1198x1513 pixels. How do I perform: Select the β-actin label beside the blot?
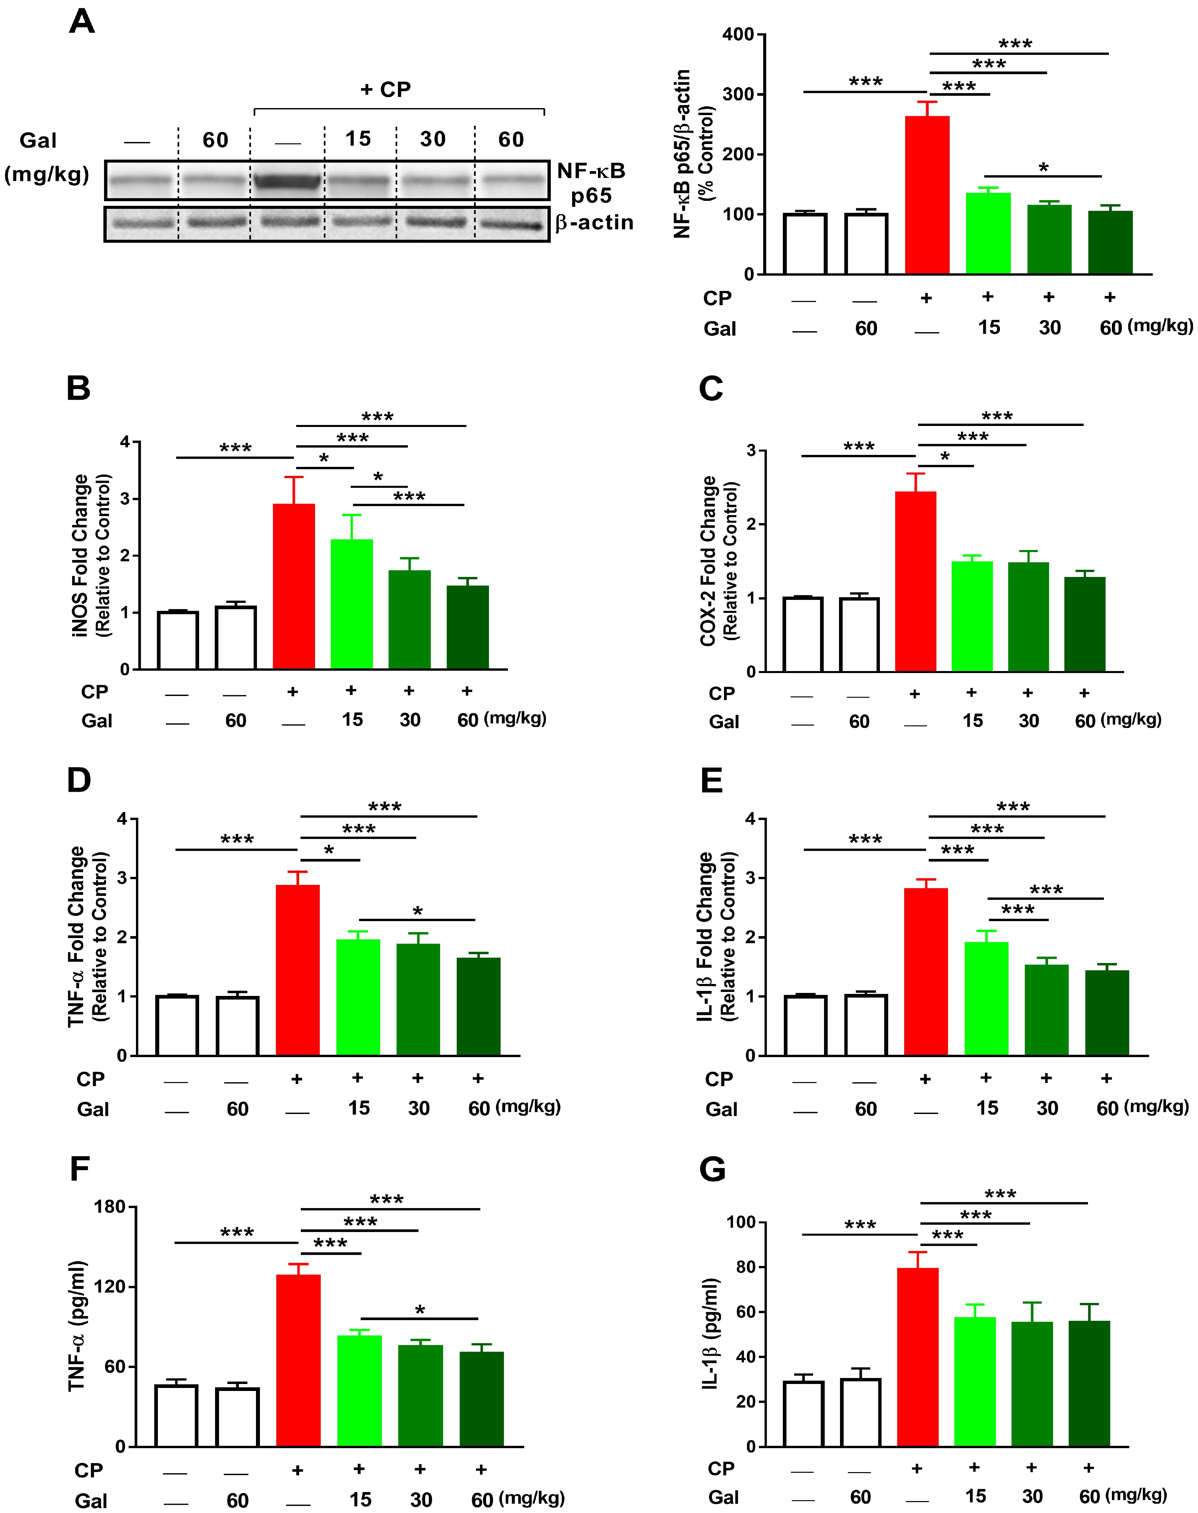[x=594, y=223]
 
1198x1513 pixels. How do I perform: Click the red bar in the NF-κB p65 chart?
[x=927, y=195]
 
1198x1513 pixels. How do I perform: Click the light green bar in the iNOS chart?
[x=351, y=604]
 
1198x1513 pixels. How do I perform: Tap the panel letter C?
[x=711, y=388]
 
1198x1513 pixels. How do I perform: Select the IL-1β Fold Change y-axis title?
[x=715, y=937]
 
